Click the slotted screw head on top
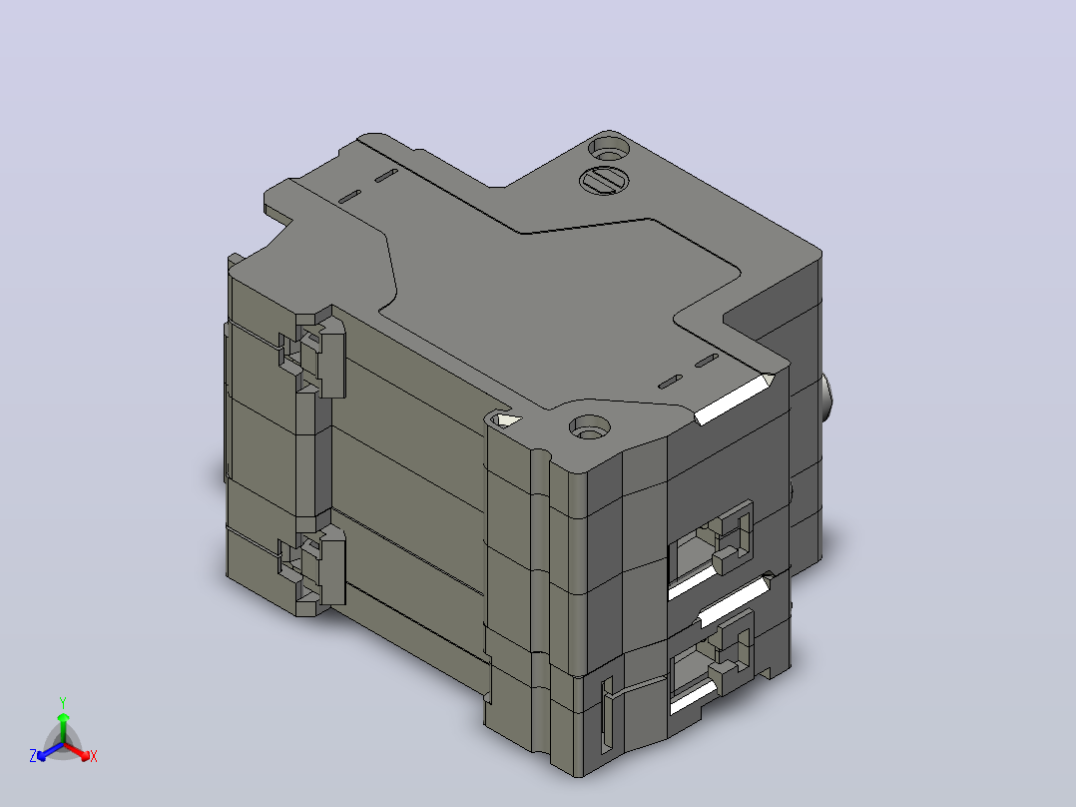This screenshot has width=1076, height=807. click(x=604, y=182)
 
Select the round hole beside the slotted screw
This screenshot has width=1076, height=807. click(x=609, y=149)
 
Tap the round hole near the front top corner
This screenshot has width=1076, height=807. click(x=590, y=428)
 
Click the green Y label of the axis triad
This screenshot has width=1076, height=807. click(x=63, y=702)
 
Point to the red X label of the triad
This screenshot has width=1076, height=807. click(x=94, y=756)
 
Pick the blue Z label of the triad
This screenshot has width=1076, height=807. click(x=33, y=756)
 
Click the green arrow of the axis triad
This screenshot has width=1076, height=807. click(x=63, y=727)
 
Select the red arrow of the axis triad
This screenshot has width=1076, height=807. click(x=78, y=751)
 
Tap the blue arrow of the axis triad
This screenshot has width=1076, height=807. click(x=50, y=751)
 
